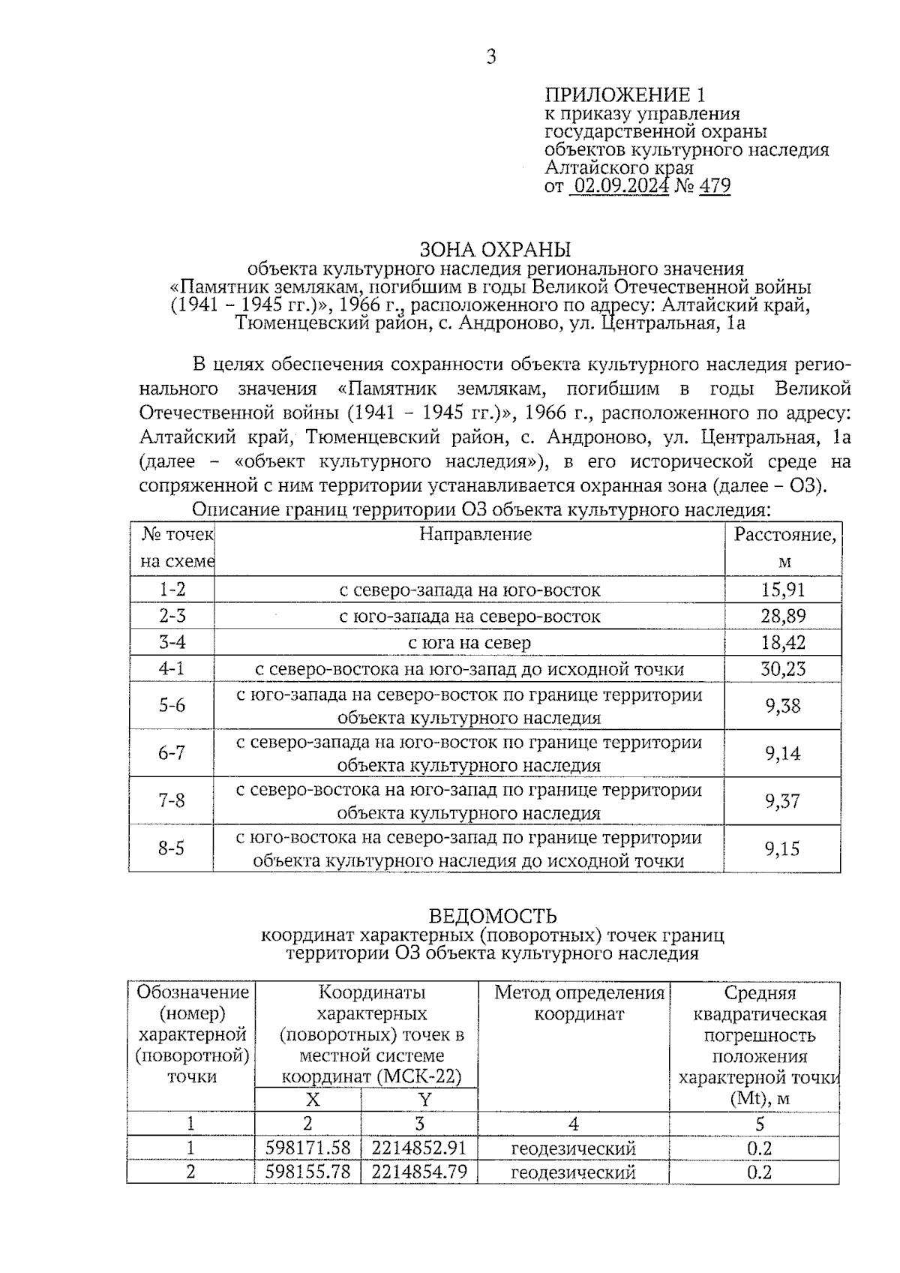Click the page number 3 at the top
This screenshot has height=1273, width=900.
click(491, 57)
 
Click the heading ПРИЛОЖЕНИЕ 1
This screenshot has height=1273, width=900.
click(625, 95)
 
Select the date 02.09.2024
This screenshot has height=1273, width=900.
click(620, 185)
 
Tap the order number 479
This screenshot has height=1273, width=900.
click(715, 185)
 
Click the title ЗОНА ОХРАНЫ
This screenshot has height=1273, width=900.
click(495, 249)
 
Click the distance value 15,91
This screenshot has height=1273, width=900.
click(783, 590)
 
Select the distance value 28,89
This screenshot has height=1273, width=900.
click(783, 616)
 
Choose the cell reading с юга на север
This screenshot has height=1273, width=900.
click(469, 642)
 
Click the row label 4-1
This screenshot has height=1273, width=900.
click(172, 668)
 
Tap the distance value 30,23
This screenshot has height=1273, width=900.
click(783, 668)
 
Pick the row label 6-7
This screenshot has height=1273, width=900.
click(172, 753)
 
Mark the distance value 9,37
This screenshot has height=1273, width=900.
click(782, 800)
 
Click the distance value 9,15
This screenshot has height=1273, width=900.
click(782, 848)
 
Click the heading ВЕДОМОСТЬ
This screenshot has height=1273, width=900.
click(493, 916)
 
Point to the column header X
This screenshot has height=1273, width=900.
click(313, 1100)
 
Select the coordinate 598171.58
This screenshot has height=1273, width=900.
click(308, 1148)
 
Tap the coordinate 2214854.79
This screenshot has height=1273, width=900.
click(419, 1171)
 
